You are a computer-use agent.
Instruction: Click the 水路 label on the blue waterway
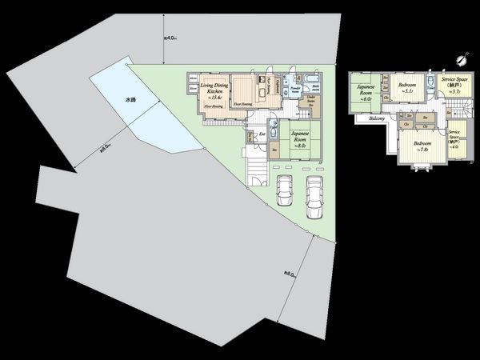coord(130,101)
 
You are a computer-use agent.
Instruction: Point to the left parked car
coord(284,191)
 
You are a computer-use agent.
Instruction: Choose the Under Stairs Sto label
coord(314,98)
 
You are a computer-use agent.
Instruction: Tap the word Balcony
coord(378,120)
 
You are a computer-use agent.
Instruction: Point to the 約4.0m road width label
coord(169,38)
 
